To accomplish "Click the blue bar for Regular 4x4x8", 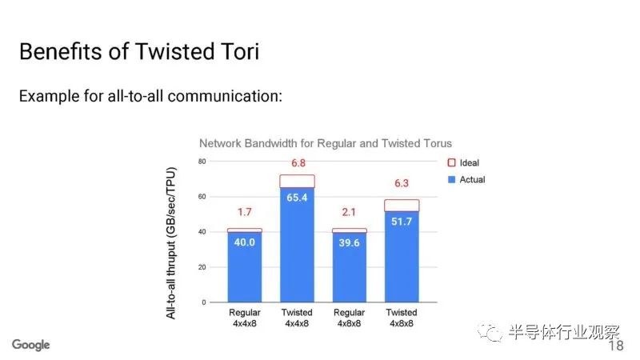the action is [x=245, y=267].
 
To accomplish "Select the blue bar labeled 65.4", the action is [x=297, y=245].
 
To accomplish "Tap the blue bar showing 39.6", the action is [x=350, y=267].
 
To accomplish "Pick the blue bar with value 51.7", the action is [x=402, y=257].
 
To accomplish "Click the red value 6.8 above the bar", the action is [x=298, y=163].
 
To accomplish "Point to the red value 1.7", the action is [x=245, y=212].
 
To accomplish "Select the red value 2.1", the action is [x=349, y=212].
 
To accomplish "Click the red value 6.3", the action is [x=402, y=183].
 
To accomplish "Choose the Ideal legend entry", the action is [x=463, y=163].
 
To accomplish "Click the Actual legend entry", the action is [x=466, y=179].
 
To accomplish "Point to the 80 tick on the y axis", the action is [x=202, y=162].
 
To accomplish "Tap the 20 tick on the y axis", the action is [x=202, y=267].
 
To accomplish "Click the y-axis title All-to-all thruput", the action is [x=171, y=243].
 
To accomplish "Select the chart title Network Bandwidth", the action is [x=326, y=143].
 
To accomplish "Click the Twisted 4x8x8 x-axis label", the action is [x=402, y=318].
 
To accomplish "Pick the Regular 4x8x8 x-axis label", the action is [x=349, y=318].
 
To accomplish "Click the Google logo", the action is [x=31, y=345].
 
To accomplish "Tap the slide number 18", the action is [x=616, y=346].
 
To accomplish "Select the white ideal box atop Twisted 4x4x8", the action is [x=297, y=182].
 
